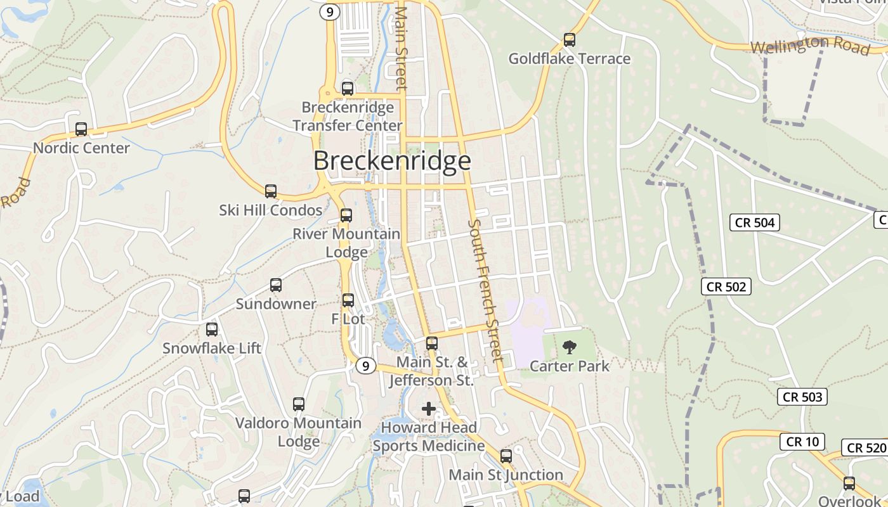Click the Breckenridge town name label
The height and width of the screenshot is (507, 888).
coord(392,161)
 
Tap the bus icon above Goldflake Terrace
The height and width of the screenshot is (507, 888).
coord(570,40)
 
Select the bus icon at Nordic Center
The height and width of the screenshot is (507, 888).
coord(81,129)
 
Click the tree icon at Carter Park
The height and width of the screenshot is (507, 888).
coord(570,347)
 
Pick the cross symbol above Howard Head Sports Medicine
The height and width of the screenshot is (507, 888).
coord(429,409)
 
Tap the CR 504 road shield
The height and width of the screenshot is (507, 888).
coord(755,222)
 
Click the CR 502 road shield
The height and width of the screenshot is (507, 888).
coord(726,286)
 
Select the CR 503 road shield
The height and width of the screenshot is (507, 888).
coord(802,397)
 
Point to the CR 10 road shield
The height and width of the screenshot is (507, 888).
coord(802,442)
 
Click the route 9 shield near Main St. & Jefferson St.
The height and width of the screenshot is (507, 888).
coord(365,366)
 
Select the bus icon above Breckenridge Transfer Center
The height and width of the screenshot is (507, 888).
coord(348,89)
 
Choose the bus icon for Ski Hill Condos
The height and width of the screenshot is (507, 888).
coord(271,191)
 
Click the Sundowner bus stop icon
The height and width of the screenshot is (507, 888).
coord(276,285)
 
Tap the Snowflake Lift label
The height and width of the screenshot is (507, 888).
coord(212,348)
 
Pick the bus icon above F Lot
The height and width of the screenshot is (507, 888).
coord(348,300)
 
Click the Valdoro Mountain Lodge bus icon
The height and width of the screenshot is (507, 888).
coord(299,404)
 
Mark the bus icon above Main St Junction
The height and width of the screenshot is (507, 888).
coord(506,456)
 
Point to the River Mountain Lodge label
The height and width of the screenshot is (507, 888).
coord(346,243)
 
